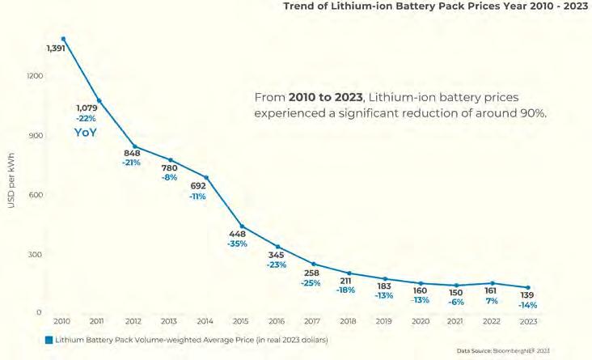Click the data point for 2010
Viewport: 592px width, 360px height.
point(63,38)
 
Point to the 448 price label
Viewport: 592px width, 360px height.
point(237,235)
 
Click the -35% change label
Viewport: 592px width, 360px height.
point(237,244)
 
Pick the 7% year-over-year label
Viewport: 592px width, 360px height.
point(493,301)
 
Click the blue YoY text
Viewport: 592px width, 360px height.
point(86,132)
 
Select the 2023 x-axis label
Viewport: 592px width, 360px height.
point(528,320)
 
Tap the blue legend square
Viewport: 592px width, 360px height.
point(49,339)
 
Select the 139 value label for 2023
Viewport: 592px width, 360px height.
point(528,295)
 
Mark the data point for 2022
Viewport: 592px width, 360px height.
point(493,283)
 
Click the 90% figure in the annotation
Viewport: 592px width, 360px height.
point(532,113)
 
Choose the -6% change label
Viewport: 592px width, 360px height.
point(457,301)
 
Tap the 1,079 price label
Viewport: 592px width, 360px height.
point(87,108)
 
